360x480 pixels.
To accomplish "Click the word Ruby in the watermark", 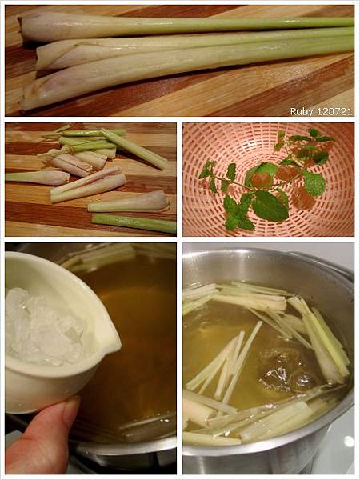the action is tap(298, 111).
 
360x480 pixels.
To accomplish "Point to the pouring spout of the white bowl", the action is tap(113, 339).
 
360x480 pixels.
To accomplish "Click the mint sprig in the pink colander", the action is tap(263, 181).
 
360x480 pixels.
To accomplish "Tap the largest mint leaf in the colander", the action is tap(270, 206).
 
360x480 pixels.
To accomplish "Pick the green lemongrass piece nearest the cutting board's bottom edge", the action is tap(134, 223).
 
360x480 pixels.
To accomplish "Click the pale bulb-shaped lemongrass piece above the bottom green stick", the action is tap(129, 202).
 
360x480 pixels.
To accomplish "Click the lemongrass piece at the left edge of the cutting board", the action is tap(37, 178).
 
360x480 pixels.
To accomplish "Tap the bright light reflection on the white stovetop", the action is tap(348, 441).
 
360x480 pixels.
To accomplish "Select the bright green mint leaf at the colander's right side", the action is tap(314, 184).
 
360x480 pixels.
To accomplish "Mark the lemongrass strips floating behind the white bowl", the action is tap(101, 257).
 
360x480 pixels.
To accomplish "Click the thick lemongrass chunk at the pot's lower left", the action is tap(199, 409).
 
